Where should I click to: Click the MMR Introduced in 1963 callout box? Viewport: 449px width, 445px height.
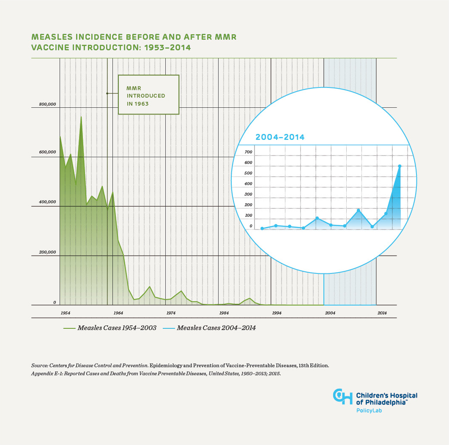coord(148,95)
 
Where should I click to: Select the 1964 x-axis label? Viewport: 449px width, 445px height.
coord(118,313)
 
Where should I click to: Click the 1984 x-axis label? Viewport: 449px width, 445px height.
coord(224,313)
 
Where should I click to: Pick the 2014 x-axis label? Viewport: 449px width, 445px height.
coord(382,313)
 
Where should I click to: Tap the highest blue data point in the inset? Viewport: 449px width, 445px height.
coord(400,166)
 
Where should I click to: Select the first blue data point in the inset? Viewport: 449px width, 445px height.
coord(262,229)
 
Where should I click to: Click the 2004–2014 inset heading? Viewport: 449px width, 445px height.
coord(280,137)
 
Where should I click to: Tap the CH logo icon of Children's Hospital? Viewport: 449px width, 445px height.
coord(342,396)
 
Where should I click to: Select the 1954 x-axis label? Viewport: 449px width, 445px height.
coord(66,313)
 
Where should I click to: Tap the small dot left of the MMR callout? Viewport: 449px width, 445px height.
coord(107,93)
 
